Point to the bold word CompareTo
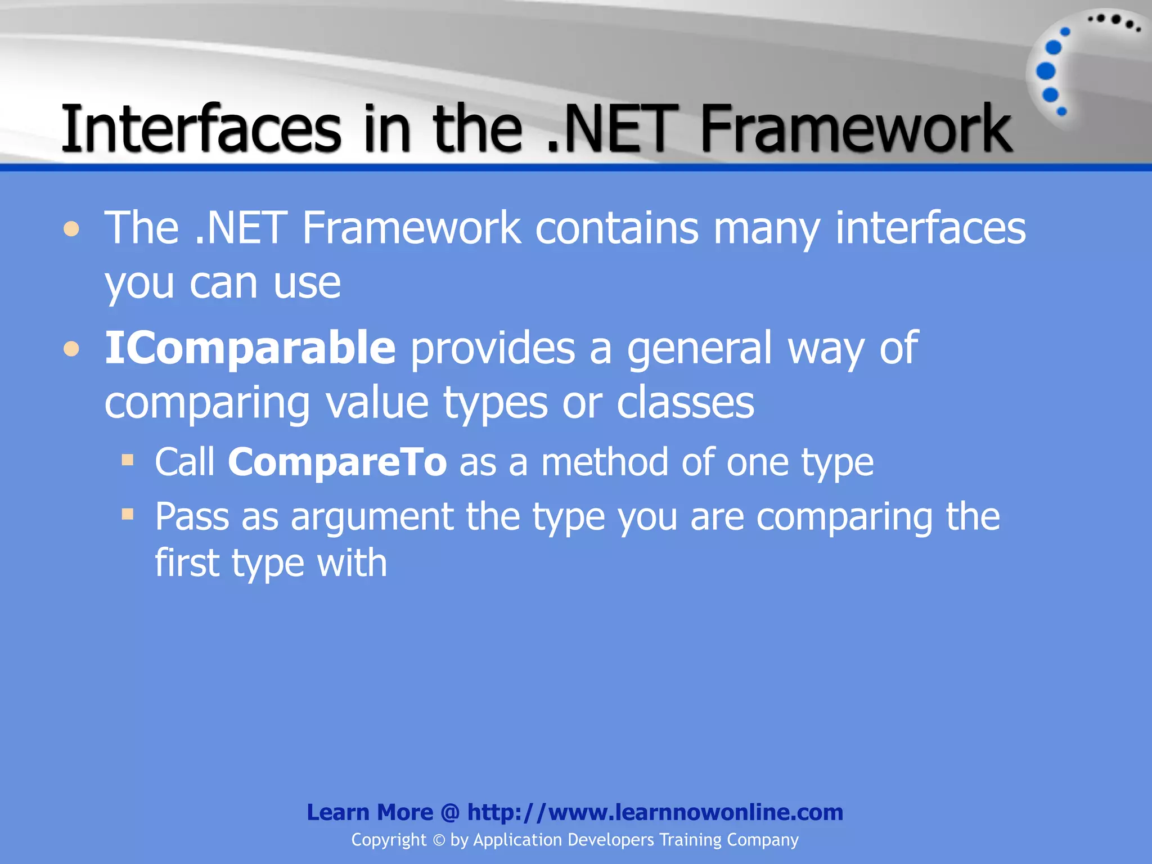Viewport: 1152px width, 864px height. tap(337, 462)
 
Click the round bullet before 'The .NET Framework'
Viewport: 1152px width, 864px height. tap(71, 229)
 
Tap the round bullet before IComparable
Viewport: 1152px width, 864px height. tap(71, 349)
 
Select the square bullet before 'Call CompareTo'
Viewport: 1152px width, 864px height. tap(128, 461)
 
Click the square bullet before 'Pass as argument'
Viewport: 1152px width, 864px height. tap(128, 514)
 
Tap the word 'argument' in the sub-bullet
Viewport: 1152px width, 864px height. tap(372, 517)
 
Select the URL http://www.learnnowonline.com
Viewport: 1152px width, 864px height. tap(655, 812)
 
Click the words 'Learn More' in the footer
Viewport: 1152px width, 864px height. tap(370, 812)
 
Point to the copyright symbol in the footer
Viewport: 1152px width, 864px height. tap(439, 840)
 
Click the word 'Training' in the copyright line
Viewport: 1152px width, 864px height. tap(690, 840)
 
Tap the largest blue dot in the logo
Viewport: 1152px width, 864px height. tap(1046, 71)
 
